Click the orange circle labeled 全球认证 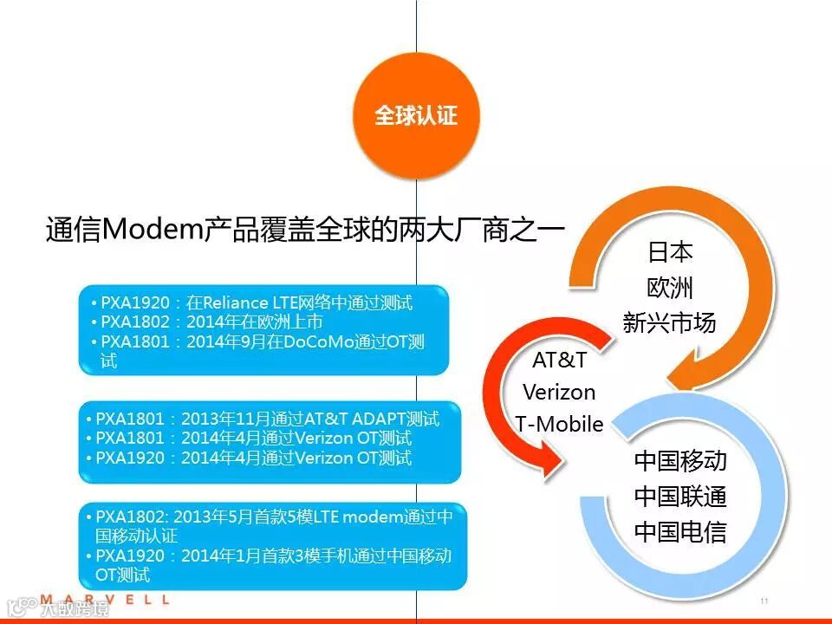[416, 116]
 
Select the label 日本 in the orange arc [670, 252]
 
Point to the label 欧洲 [670, 288]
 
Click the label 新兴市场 [670, 323]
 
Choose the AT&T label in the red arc [559, 359]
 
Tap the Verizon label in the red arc [559, 392]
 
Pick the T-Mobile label [559, 425]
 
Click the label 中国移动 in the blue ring [680, 460]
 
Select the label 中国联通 [680, 497]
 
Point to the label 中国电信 [680, 531]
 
